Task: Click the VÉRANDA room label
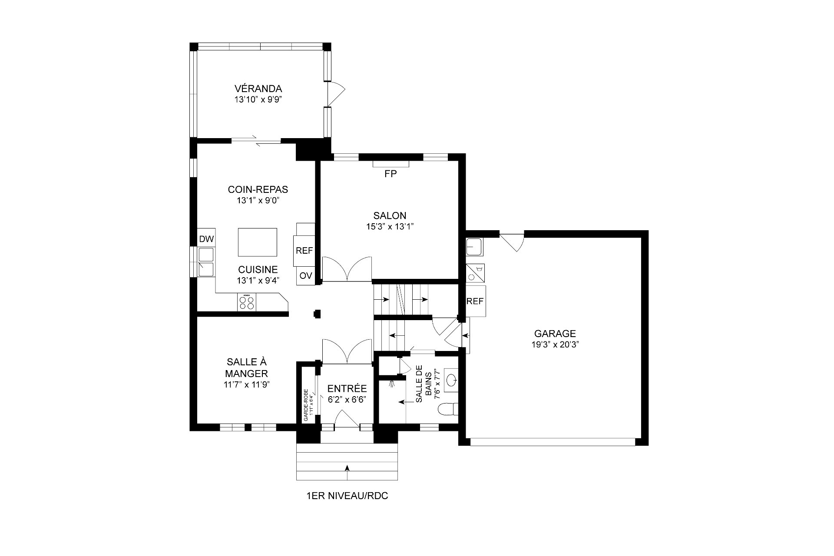(x=258, y=89)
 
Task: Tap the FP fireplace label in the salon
(x=391, y=174)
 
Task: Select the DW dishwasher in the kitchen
(x=206, y=238)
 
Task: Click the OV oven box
(x=306, y=276)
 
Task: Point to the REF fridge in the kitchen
(x=304, y=251)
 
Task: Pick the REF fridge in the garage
(x=475, y=301)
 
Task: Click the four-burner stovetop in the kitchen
(x=247, y=302)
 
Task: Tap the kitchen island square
(x=258, y=242)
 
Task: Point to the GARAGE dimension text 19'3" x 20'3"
(x=555, y=344)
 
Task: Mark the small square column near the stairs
(x=317, y=314)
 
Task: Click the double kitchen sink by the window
(x=206, y=262)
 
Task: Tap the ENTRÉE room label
(x=347, y=389)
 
